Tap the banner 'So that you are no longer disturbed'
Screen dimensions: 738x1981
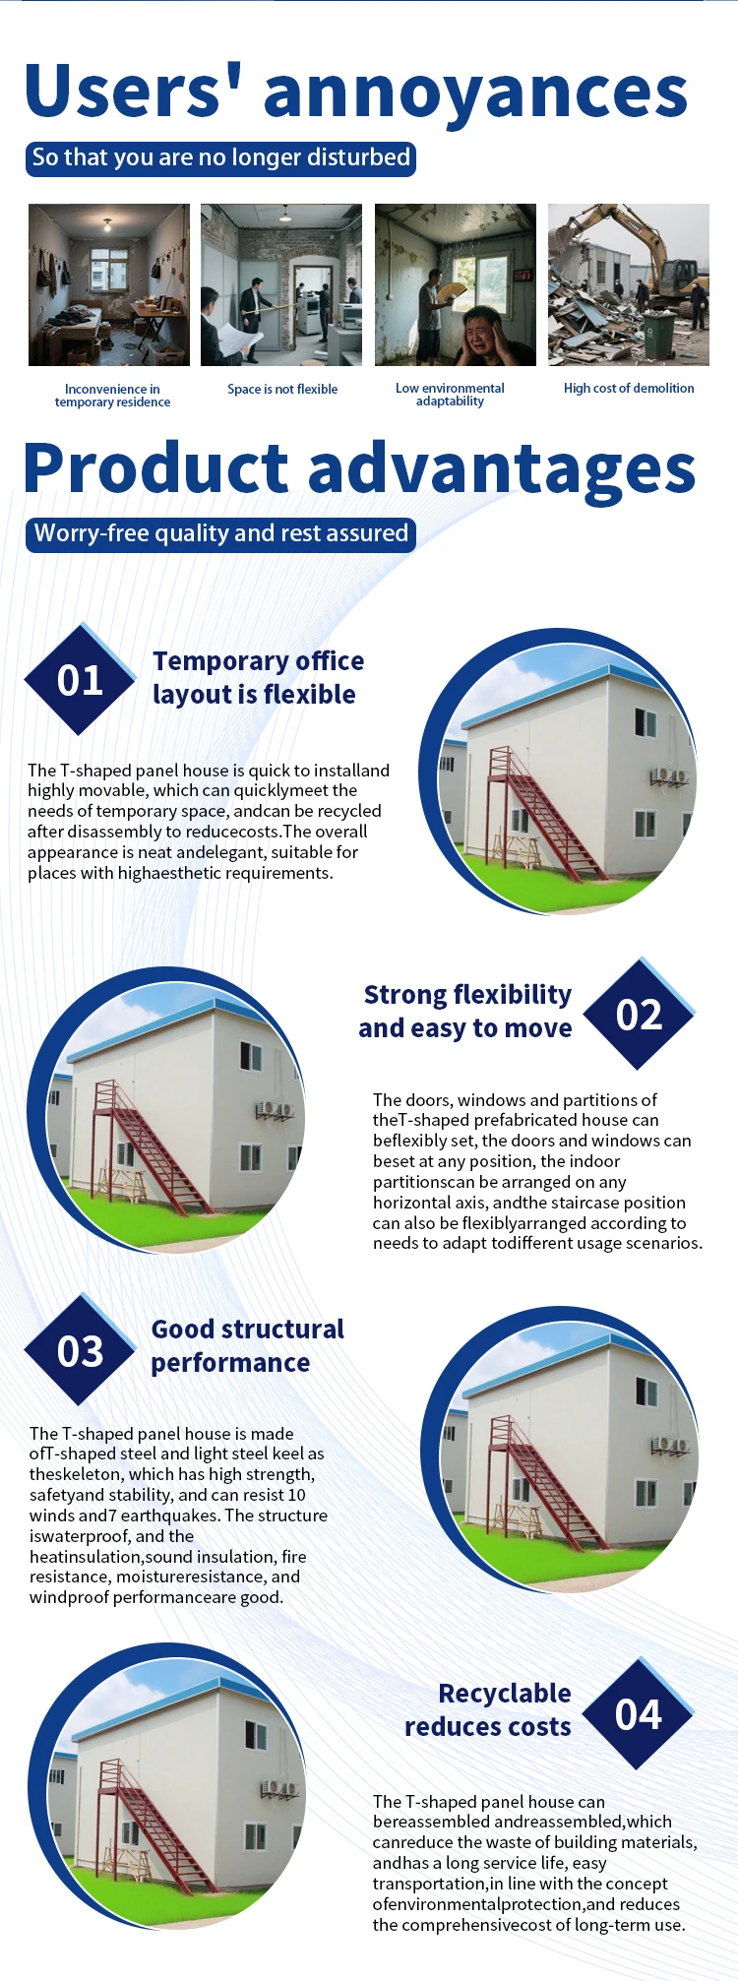point(220,157)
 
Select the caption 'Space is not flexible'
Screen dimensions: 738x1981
point(282,389)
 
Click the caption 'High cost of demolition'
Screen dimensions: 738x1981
point(629,388)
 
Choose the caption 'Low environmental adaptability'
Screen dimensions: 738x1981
point(450,395)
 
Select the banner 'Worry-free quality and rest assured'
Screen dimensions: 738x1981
point(220,533)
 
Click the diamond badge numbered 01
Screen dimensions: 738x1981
point(80,679)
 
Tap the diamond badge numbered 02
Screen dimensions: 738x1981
point(640,1014)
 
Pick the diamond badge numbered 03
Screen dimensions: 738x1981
point(80,1350)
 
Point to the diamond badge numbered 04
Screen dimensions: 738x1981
point(639,1714)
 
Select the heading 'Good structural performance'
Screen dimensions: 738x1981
point(248,1345)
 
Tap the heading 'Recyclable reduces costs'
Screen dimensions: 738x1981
point(488,1709)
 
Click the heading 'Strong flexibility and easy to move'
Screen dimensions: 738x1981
point(465,1011)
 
